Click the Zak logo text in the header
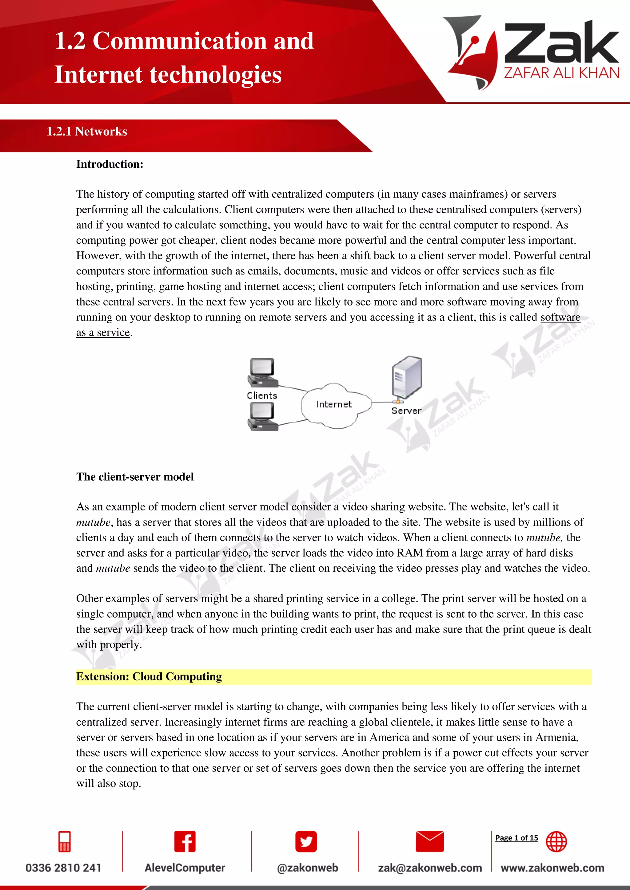[561, 43]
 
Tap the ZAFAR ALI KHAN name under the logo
[561, 73]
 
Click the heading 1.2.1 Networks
[87, 132]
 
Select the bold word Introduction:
[110, 164]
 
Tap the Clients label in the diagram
[262, 396]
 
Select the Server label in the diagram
[406, 411]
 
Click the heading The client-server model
[135, 477]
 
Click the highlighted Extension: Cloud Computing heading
[149, 676]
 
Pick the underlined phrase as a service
[103, 333]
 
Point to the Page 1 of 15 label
[516, 838]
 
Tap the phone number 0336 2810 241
[63, 868]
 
